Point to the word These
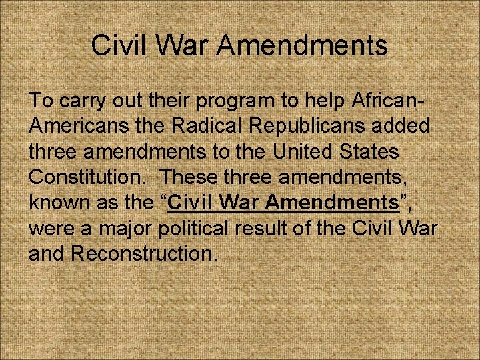pos(190,177)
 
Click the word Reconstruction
pos(144,253)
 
